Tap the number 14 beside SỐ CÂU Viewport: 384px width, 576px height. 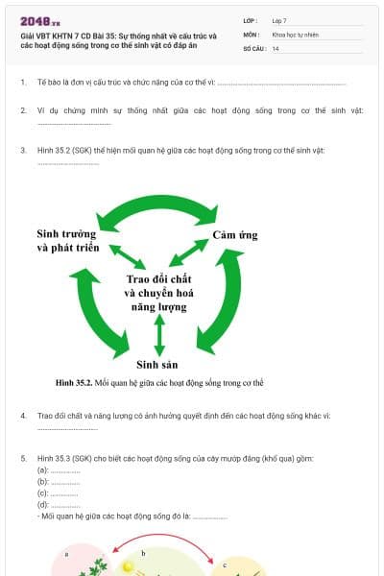[276, 47]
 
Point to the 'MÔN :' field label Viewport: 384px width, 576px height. [252, 34]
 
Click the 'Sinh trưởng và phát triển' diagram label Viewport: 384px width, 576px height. [67, 240]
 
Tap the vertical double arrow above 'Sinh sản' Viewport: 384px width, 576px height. [159, 335]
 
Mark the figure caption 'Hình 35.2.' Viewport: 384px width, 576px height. [74, 383]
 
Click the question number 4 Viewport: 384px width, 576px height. [23, 416]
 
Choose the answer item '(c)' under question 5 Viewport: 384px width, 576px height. [43, 493]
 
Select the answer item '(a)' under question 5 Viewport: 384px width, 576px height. [43, 470]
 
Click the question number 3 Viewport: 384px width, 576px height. [23, 150]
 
